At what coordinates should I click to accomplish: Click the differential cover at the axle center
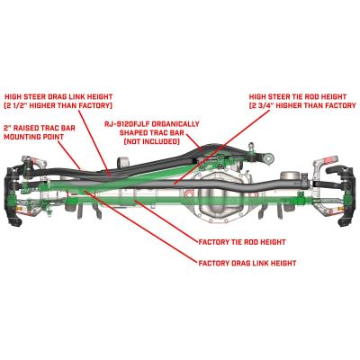point(220,199)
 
